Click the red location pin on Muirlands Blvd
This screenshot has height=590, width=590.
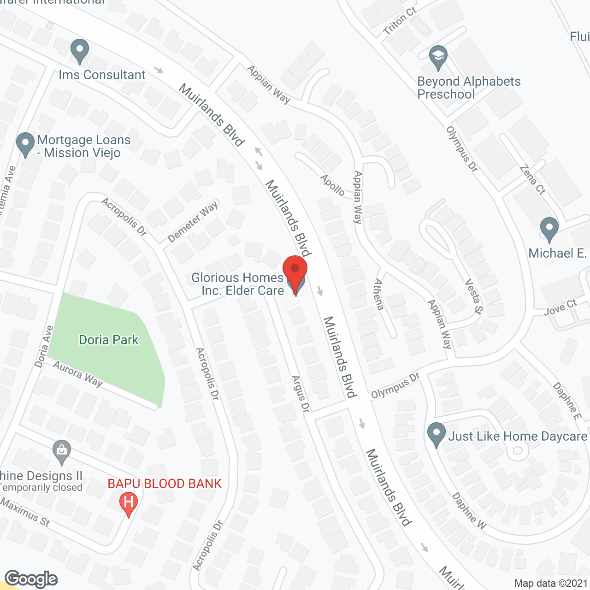(x=295, y=271)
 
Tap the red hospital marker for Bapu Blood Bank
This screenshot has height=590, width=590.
(x=129, y=503)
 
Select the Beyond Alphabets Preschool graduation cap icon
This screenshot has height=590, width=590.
(x=438, y=57)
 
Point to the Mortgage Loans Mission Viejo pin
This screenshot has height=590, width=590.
(x=25, y=144)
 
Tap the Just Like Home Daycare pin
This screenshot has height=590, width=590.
(x=436, y=434)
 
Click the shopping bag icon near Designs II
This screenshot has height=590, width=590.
(x=61, y=452)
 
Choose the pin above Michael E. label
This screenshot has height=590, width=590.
(x=549, y=229)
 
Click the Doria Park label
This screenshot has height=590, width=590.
(x=109, y=340)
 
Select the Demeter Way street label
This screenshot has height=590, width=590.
(x=193, y=222)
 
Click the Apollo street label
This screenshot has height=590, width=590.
(x=332, y=185)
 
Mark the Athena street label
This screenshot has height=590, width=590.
(x=379, y=294)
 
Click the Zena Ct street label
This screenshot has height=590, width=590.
(x=532, y=179)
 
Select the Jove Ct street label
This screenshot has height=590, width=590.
(x=560, y=307)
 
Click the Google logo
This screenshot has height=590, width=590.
(x=31, y=579)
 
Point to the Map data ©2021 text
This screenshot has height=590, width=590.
(x=551, y=583)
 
